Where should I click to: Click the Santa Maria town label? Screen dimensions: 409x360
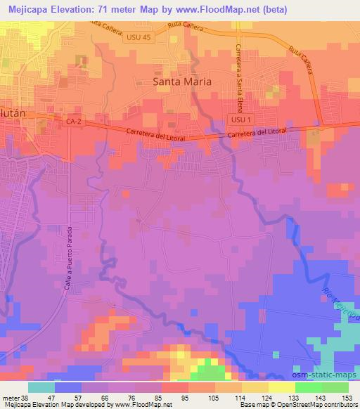point(182,82)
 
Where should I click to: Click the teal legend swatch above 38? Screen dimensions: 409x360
point(41,387)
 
